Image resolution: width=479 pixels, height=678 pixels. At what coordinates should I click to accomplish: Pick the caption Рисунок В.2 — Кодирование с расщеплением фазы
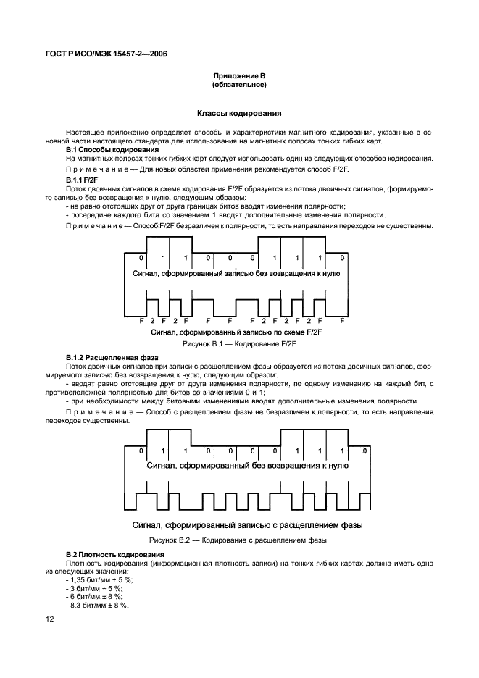click(x=238, y=540)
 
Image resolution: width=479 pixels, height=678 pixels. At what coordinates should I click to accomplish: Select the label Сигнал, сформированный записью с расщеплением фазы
click(x=247, y=524)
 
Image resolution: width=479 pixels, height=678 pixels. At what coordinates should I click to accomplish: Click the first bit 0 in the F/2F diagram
click(x=141, y=259)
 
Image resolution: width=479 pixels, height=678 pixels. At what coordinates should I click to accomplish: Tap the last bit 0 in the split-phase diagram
click(x=365, y=451)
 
